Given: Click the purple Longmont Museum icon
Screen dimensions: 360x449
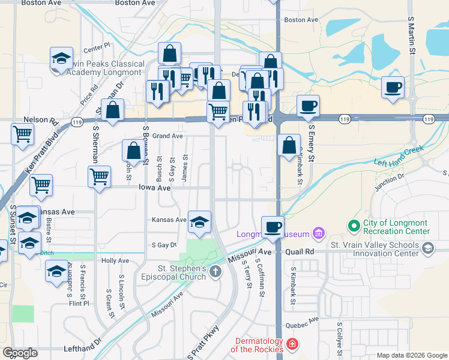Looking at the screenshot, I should (x=318, y=233).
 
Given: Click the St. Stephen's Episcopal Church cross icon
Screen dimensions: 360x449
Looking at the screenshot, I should (x=215, y=272).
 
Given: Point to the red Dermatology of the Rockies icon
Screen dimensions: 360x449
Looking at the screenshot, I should (x=292, y=344).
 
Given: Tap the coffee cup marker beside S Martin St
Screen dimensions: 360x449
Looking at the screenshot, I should (x=393, y=87).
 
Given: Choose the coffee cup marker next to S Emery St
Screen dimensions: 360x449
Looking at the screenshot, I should (x=309, y=106).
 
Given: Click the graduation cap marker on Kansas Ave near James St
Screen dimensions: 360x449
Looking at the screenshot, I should (x=200, y=222).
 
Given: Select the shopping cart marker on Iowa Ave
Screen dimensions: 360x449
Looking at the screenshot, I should (x=100, y=176).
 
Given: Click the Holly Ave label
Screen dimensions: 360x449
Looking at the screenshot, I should (x=115, y=261).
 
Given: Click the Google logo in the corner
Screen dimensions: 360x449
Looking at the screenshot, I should (x=20, y=352).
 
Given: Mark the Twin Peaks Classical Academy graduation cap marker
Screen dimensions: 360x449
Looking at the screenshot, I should (x=61, y=58).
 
